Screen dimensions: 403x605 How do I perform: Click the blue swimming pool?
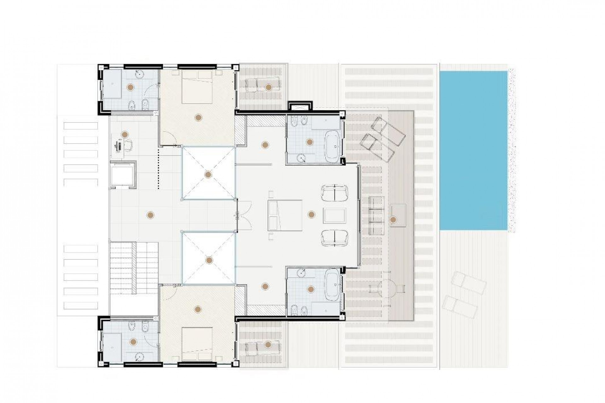(473, 150)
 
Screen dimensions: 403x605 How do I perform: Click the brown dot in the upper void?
(208, 174)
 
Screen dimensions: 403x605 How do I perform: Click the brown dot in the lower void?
(209, 260)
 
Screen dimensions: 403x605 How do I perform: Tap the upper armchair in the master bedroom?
(334, 193)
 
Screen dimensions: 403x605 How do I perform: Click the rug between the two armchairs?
(335, 215)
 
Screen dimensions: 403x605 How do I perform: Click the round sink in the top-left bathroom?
(139, 74)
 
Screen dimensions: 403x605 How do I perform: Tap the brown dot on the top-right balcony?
(268, 87)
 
